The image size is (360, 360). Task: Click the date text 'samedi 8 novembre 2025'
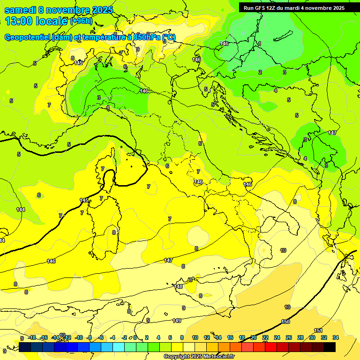point(59,10)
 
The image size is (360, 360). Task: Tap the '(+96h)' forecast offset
point(81,21)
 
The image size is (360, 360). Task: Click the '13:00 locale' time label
point(36,21)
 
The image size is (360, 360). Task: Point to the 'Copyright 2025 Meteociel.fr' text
point(199,357)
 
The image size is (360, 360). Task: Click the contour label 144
point(21,210)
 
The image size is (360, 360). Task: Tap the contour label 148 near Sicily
point(179,286)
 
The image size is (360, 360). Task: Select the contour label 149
point(177,321)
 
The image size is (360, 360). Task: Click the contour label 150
point(285,322)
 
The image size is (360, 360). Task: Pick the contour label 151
point(318,330)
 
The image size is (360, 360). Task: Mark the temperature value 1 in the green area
point(260,44)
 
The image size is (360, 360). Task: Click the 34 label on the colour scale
point(336,337)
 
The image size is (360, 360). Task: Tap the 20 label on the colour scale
point(254,337)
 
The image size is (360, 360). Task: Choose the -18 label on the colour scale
point(32,337)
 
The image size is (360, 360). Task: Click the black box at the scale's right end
point(330,347)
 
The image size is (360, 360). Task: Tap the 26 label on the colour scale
point(289,337)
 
